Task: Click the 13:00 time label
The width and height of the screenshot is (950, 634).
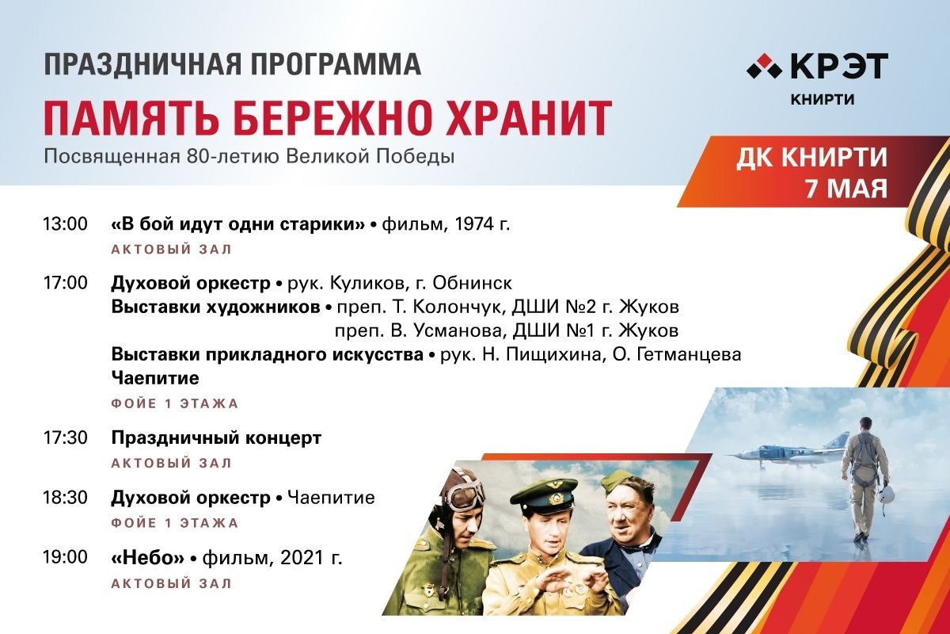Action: click(65, 223)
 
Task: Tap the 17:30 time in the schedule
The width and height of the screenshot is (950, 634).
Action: click(65, 437)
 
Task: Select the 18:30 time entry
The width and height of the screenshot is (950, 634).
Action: click(65, 497)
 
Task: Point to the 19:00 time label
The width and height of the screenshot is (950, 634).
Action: click(65, 557)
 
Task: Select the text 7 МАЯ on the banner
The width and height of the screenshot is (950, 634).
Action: click(846, 189)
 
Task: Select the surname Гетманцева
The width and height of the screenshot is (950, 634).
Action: click(678, 354)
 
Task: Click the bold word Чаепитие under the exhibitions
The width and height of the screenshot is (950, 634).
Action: click(155, 378)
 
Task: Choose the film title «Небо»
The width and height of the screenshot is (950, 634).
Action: click(148, 558)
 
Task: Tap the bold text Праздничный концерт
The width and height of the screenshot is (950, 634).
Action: click(216, 437)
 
